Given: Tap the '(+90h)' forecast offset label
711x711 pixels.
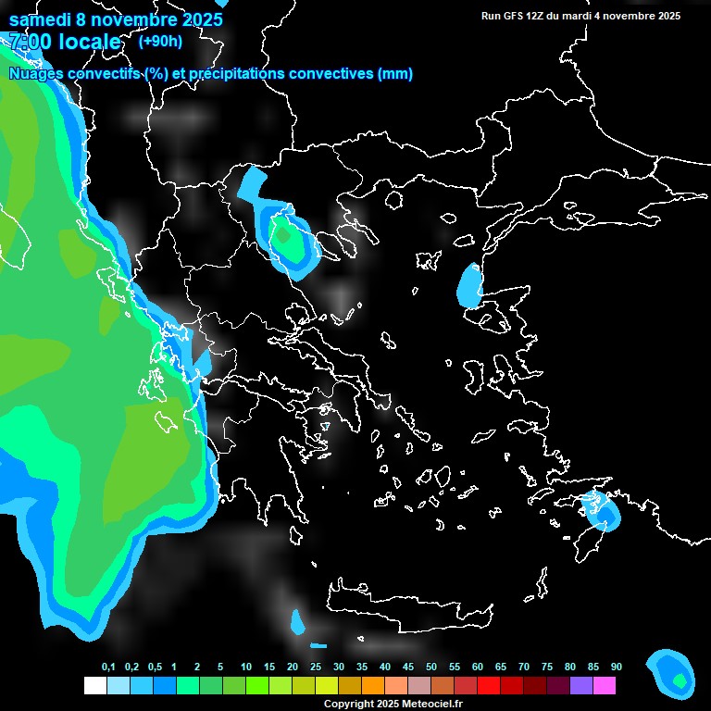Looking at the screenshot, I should tap(160, 41).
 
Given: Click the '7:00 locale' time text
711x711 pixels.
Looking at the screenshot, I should tap(65, 42).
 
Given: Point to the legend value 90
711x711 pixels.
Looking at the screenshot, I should tap(616, 667).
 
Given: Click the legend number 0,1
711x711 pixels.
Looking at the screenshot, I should tap(108, 667).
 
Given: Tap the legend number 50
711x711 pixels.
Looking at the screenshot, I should tap(431, 667).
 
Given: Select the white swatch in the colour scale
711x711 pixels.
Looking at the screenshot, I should tap(94, 685).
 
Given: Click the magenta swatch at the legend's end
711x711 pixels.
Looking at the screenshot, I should tap(605, 685).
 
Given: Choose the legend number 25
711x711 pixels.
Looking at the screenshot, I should tap(316, 667).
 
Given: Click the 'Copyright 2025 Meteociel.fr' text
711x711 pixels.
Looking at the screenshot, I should tap(393, 704).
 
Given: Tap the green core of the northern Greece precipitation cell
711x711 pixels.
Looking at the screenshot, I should tap(283, 236).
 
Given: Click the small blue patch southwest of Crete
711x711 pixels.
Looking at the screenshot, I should tap(297, 622).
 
